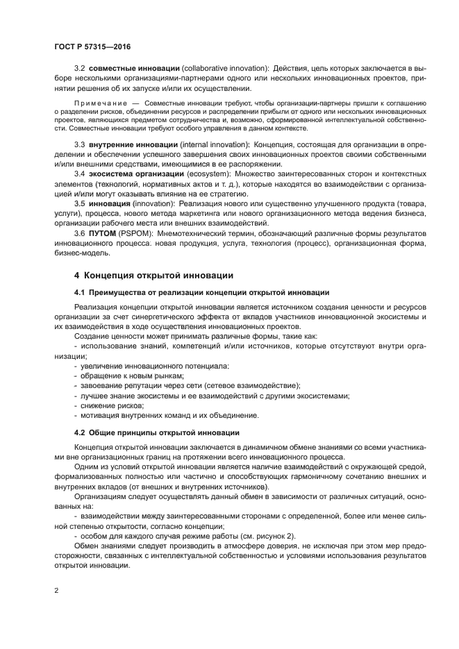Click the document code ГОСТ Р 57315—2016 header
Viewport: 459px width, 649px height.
92,46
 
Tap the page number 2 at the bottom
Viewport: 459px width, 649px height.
57,591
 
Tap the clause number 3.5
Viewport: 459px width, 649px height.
80,204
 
